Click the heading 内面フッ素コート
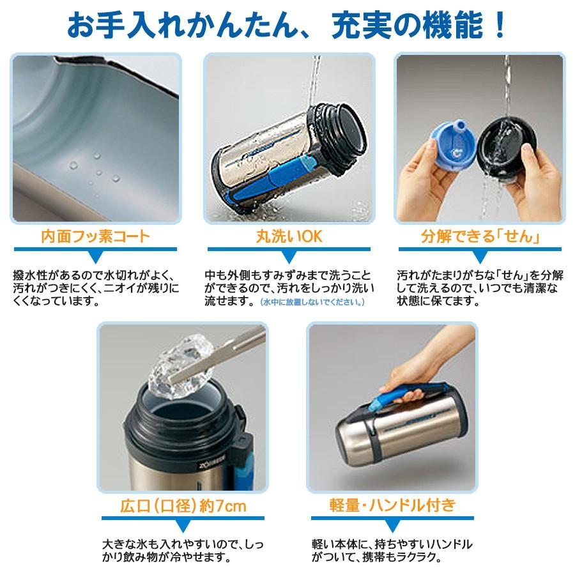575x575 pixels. [95, 236]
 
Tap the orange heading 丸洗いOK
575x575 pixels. [289, 236]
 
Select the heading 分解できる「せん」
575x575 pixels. [480, 236]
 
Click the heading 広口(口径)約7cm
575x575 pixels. [183, 506]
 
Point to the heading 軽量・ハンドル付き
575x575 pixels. [392, 505]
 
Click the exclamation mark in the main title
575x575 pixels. [500, 25]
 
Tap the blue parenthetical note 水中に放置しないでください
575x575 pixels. [312, 302]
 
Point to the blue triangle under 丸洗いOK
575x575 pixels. [289, 257]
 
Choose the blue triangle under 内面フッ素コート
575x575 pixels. [95, 257]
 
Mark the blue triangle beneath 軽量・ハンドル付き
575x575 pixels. [392, 526]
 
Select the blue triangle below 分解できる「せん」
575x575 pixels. [480, 257]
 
